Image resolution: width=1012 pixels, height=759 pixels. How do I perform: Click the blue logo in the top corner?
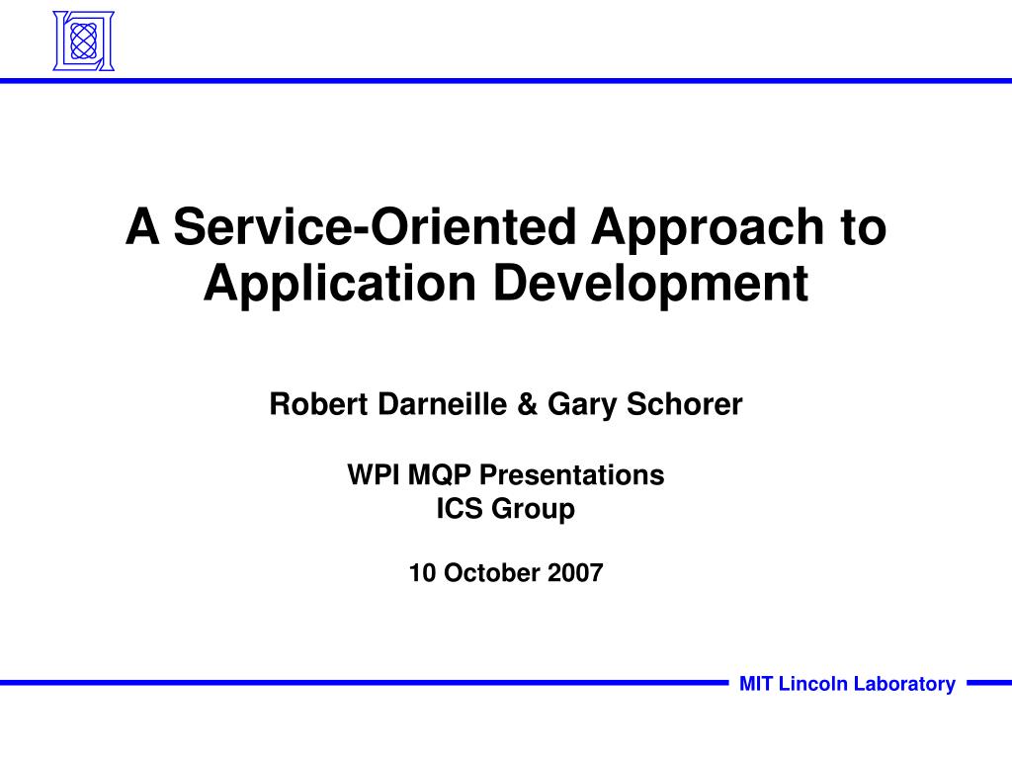(x=83, y=41)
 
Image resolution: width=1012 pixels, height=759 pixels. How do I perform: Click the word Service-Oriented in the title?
(x=374, y=227)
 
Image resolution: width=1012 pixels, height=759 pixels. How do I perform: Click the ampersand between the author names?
(x=526, y=404)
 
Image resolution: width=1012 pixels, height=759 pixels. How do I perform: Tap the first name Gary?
(x=579, y=404)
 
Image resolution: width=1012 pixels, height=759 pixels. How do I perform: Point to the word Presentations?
(x=572, y=475)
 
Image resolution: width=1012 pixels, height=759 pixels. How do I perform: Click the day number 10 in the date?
(x=421, y=573)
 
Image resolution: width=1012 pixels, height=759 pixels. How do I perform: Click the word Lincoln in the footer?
(x=814, y=684)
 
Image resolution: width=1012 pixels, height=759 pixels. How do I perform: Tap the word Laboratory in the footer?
(x=905, y=684)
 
